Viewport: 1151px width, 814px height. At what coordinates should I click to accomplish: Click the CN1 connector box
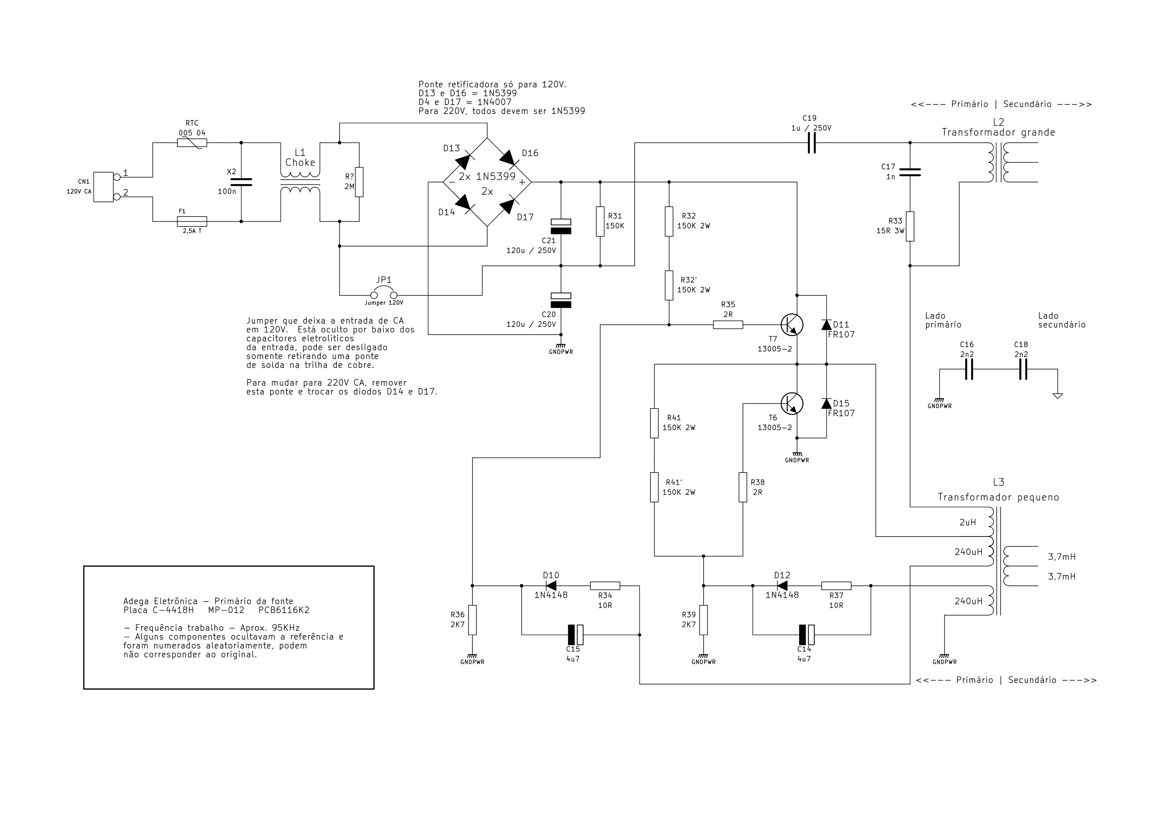pos(103,187)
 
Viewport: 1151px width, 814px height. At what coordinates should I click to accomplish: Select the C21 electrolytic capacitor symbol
pos(560,226)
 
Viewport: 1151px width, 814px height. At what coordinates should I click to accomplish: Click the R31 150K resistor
pos(600,221)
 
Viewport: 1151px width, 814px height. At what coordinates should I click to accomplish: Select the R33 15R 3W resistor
pos(910,226)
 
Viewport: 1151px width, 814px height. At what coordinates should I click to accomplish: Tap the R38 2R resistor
pos(743,487)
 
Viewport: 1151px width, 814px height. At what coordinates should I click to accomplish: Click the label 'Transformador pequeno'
pos(998,498)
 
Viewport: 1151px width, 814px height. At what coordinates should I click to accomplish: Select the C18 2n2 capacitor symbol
pos(1023,369)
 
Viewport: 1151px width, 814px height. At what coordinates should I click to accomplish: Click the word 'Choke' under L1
pos(300,163)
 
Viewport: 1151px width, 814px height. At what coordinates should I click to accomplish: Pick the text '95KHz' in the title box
pos(283,628)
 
